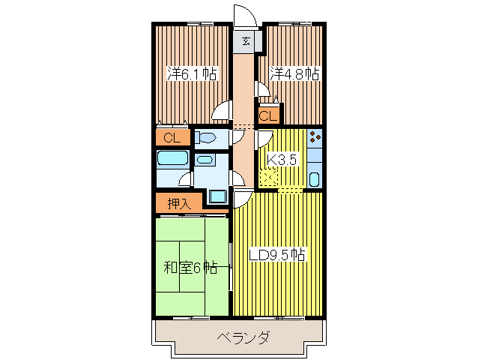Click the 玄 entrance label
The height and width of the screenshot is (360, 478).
click(x=246, y=41)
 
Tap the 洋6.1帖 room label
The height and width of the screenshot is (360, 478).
click(x=192, y=74)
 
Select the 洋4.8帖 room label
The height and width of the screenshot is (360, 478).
click(x=294, y=74)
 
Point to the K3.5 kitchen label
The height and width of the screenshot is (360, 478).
click(x=283, y=159)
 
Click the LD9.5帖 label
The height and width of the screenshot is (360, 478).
click(x=277, y=254)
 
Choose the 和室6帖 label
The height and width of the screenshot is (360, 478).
click(x=191, y=267)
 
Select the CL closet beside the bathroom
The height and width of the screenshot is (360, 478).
click(x=172, y=138)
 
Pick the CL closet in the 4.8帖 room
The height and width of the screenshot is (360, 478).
click(x=267, y=116)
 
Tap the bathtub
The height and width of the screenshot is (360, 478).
click(x=172, y=159)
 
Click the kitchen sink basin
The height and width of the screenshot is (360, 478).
click(x=315, y=179)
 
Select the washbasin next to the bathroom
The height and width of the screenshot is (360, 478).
click(x=205, y=160)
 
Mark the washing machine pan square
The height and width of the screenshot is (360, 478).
click(x=218, y=196)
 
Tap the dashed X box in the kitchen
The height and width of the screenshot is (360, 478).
click(x=267, y=178)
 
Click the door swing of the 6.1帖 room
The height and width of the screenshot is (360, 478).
click(x=222, y=112)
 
